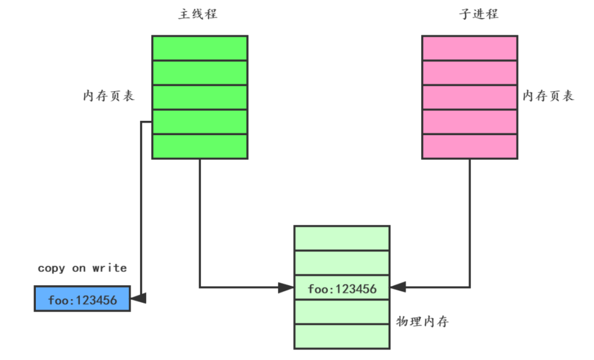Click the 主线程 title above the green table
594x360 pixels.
point(198,14)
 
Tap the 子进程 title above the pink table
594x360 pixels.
point(479,14)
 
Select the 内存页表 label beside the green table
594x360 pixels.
point(109,96)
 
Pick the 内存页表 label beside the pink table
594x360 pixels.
point(548,96)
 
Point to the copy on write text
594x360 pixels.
point(82,268)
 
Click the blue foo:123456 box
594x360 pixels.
point(82,299)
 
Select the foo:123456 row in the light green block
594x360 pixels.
point(342,287)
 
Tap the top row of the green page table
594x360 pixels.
point(200,48)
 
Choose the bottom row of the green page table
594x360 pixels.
point(200,146)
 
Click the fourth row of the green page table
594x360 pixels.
point(200,121)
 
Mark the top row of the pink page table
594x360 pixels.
point(470,48)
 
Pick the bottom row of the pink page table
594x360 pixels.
point(470,146)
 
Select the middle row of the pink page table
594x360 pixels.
point(470,97)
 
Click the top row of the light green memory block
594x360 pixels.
point(342,237)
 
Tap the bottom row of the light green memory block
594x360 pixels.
point(342,336)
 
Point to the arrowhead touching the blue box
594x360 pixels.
point(140,298)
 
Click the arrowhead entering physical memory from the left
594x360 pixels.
point(286,287)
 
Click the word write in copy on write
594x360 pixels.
point(110,268)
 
